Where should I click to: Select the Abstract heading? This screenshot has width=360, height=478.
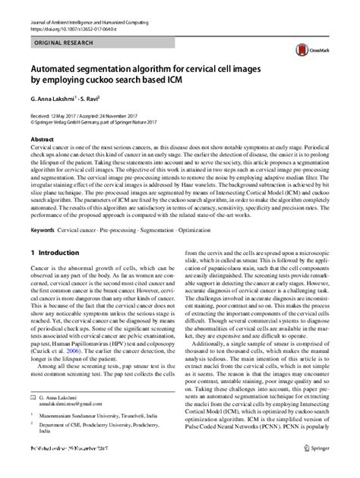(42, 140)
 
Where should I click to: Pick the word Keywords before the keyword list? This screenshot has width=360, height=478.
(43, 229)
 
